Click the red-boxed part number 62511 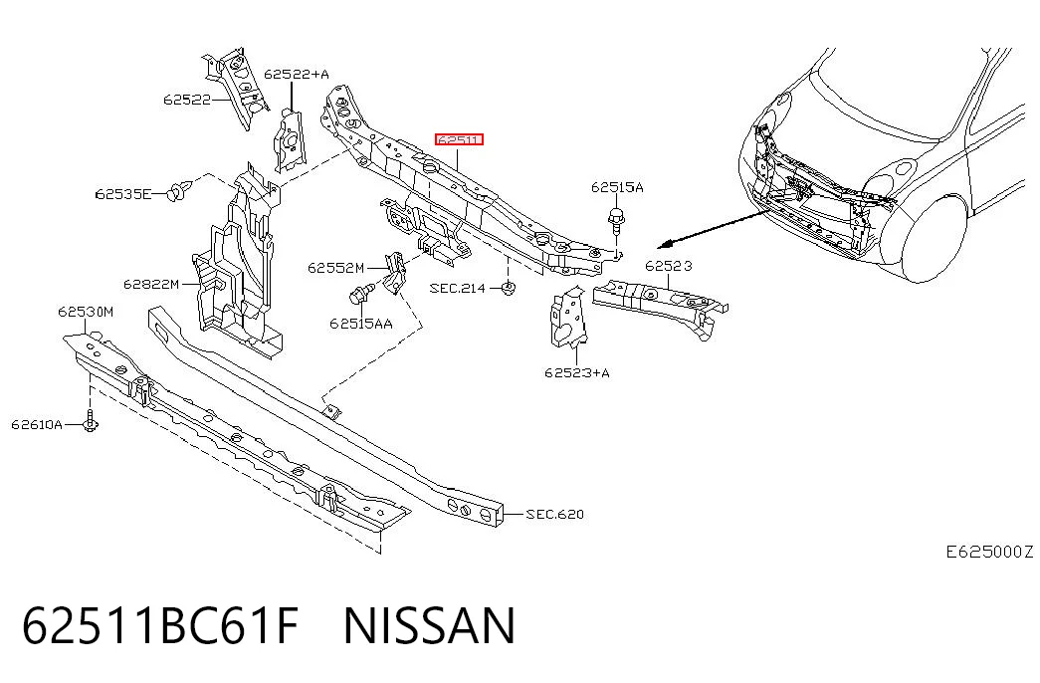459,139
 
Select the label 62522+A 297,74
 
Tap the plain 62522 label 187,100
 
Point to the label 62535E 123,194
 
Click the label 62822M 151,284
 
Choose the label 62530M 86,312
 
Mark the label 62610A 37,424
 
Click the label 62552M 335,268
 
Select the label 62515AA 361,324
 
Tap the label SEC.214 458,288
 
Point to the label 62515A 617,187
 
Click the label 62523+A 577,372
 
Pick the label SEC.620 554,514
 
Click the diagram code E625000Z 989,552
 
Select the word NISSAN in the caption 429,625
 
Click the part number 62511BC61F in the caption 160,625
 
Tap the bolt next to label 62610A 91,420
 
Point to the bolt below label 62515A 617,220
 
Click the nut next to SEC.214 508,289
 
